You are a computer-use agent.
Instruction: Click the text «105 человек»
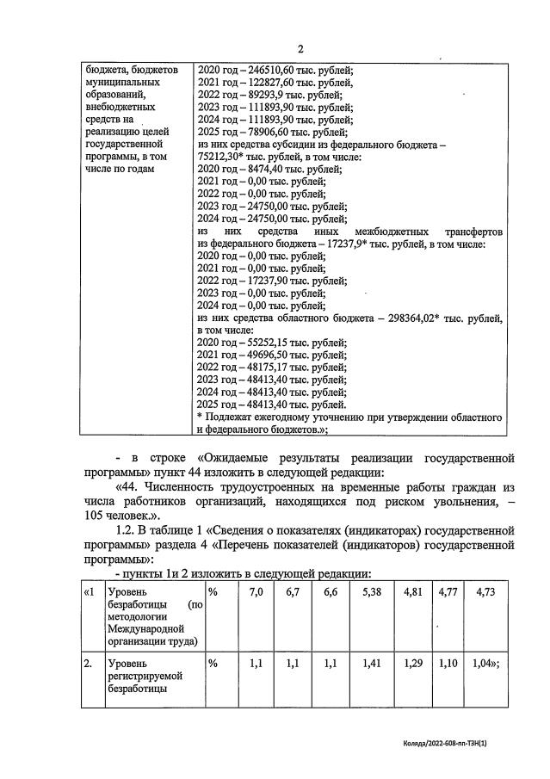(x=117, y=516)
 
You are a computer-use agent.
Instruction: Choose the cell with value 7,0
(x=256, y=593)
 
